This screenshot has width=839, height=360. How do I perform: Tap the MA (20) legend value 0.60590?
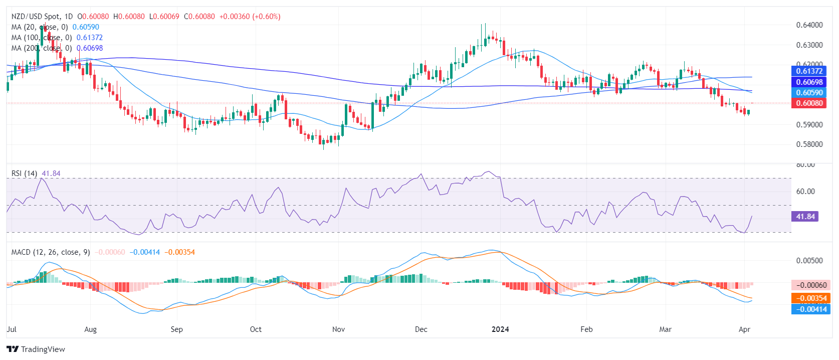86,27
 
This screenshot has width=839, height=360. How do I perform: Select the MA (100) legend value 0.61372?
89,38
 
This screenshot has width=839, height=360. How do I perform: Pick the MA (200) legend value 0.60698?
89,48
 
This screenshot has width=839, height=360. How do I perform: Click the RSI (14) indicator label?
24,173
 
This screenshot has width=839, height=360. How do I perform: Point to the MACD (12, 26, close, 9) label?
51,252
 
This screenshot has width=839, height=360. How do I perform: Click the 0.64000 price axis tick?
809,25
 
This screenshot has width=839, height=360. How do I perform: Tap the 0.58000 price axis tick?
809,144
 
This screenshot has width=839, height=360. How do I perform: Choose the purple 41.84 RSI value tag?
805,217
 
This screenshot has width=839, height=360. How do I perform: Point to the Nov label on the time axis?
338,329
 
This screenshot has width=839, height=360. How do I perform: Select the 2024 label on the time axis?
500,329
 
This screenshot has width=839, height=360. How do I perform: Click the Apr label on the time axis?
744,329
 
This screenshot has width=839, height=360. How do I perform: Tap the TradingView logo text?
43,349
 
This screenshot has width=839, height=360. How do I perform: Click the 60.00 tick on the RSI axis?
805,192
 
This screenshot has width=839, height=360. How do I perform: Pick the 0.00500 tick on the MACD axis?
809,261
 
